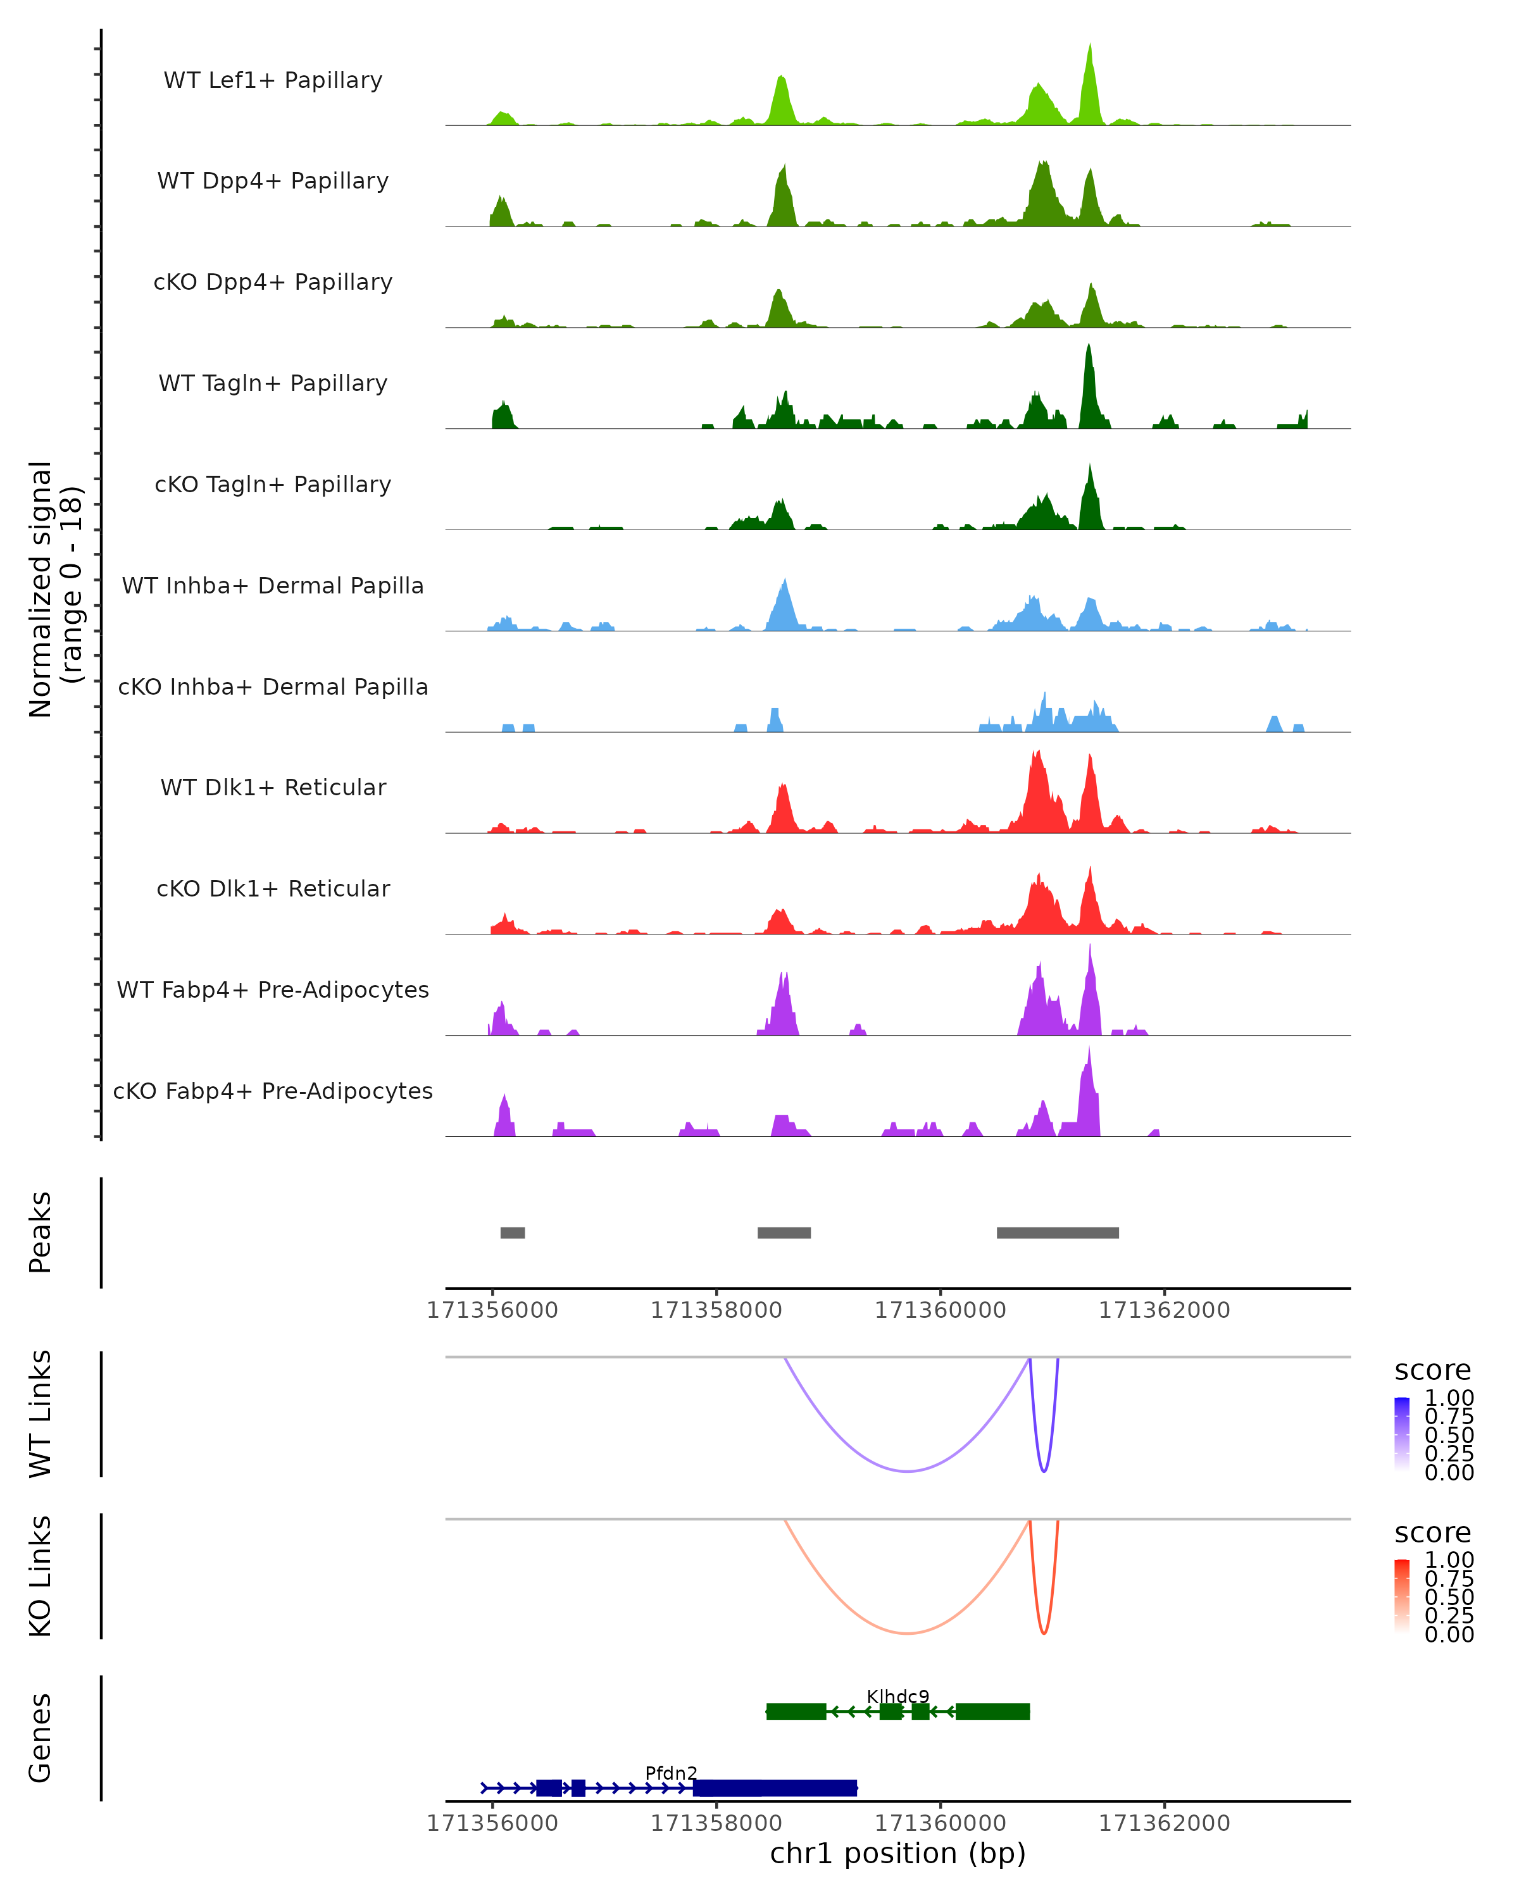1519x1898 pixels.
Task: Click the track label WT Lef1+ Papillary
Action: click(x=273, y=80)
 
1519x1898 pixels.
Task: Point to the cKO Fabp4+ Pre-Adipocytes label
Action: click(x=273, y=1091)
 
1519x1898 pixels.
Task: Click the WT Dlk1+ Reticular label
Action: click(x=273, y=787)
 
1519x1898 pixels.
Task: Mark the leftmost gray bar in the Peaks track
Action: click(x=513, y=1232)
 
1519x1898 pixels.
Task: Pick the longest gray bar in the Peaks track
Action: click(x=1058, y=1232)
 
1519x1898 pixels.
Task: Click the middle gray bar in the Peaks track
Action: click(x=784, y=1232)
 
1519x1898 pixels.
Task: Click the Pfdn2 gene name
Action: click(x=671, y=1773)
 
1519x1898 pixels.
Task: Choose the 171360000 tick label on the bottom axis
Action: click(x=940, y=1823)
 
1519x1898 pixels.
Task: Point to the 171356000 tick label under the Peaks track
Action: click(x=492, y=1310)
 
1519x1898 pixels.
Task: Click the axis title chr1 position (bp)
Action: click(x=897, y=1854)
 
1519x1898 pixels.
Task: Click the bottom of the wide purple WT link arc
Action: click(x=907, y=1471)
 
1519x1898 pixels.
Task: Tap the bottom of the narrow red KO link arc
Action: click(x=1044, y=1633)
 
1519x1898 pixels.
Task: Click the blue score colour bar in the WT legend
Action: click(x=1402, y=1433)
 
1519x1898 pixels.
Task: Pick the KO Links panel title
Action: click(x=41, y=1577)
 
